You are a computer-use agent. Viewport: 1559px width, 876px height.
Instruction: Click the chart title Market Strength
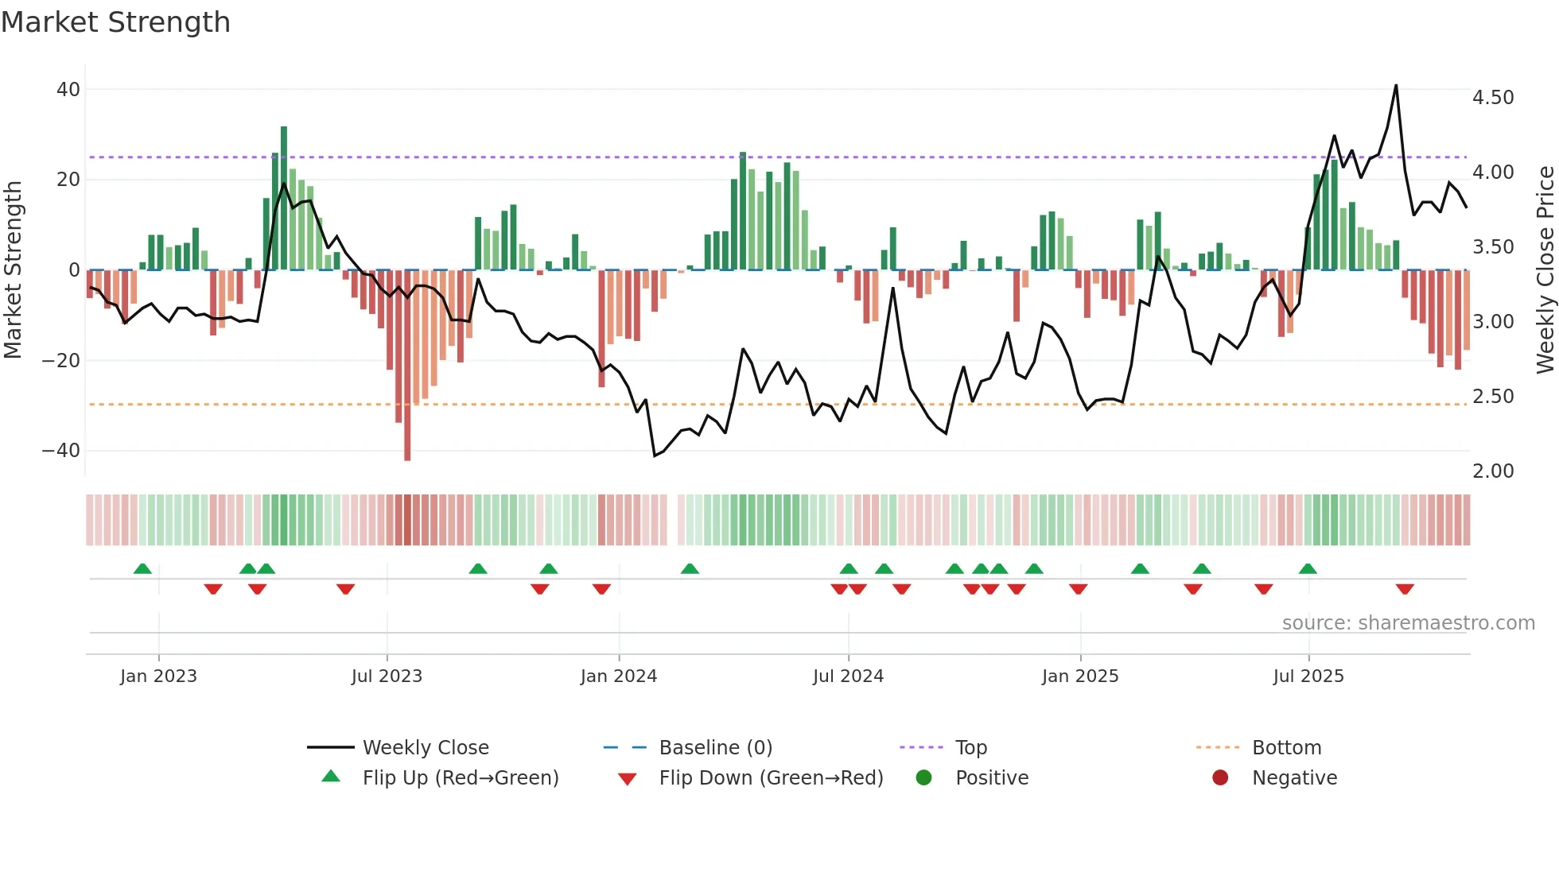[115, 22]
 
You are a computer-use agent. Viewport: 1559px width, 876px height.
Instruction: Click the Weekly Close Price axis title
[1545, 269]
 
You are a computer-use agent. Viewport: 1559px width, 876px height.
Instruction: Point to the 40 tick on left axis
[68, 90]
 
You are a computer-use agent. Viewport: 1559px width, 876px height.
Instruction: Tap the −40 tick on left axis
[61, 451]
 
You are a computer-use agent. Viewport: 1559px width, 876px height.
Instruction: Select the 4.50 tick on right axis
[1493, 98]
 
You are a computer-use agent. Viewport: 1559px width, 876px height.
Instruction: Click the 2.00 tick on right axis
[1493, 471]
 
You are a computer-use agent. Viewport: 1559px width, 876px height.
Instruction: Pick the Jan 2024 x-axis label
[619, 676]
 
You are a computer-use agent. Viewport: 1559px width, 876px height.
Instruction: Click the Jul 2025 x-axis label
[1308, 676]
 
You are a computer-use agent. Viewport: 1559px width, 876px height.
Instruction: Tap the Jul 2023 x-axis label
[387, 676]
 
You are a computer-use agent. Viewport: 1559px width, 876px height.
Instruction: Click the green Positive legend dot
[923, 778]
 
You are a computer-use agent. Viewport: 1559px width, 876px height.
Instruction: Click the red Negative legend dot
[1220, 778]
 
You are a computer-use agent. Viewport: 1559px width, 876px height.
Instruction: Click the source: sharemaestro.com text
[1408, 623]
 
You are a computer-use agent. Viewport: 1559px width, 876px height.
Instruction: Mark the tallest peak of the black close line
[1396, 86]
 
